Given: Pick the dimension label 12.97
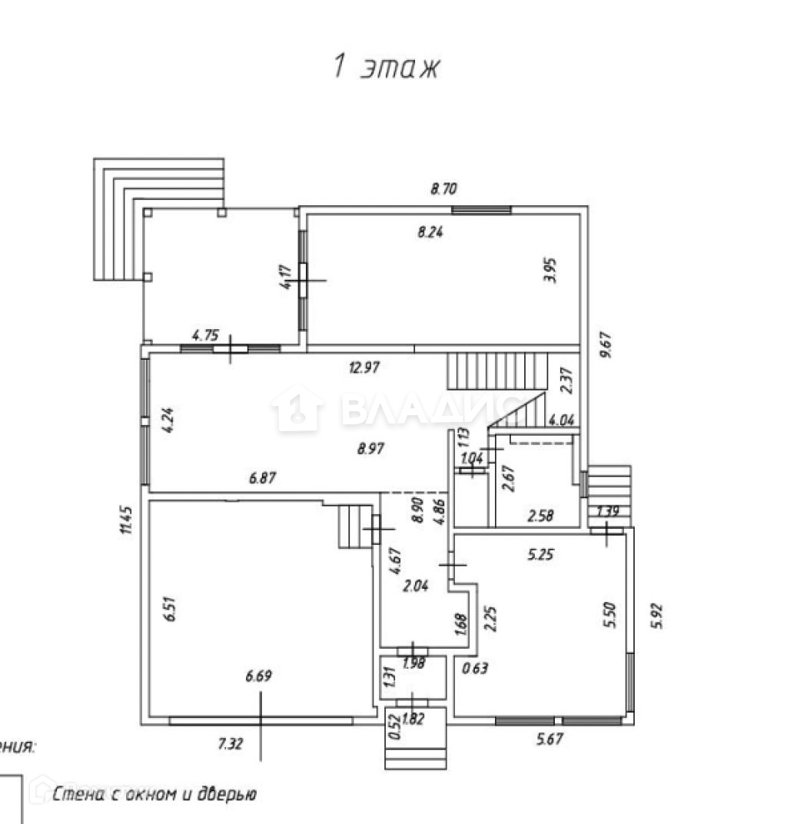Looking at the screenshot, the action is click(x=365, y=367).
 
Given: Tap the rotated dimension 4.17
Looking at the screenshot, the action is click(x=286, y=277).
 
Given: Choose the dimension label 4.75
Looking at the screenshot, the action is click(x=206, y=335).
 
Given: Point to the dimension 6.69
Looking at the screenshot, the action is click(x=258, y=677).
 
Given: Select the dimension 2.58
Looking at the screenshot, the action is click(x=540, y=515).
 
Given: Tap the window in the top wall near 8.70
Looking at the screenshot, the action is click(x=481, y=209).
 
